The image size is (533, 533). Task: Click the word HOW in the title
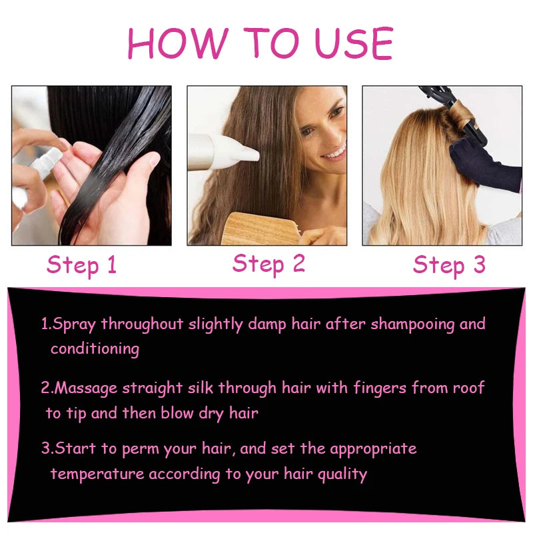178,43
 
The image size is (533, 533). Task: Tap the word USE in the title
354,43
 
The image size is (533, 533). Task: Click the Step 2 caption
268,264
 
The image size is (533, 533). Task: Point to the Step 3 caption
449,265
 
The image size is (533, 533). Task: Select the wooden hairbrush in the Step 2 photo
262,229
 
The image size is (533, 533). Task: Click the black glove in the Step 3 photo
484,163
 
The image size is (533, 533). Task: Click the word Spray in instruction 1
74,324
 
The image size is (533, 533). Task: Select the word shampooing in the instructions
412,324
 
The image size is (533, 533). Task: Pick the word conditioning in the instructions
95,349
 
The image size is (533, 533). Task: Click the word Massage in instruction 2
86,388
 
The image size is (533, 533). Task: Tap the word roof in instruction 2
469,388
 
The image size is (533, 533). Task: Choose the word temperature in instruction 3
97,474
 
